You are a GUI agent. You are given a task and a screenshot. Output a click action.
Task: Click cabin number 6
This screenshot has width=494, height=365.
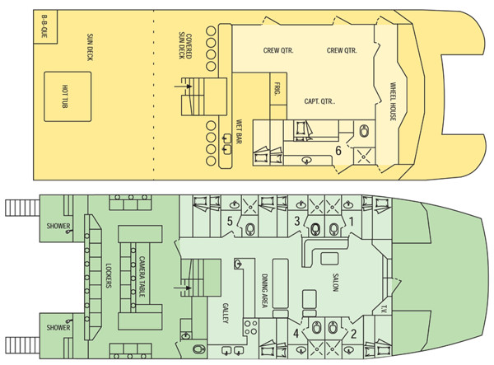click(338, 150)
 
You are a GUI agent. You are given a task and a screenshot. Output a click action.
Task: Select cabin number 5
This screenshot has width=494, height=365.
click(231, 220)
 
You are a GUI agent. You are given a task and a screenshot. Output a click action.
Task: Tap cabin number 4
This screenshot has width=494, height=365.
click(296, 334)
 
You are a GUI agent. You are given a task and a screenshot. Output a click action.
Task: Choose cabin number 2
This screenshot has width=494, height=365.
click(354, 334)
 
